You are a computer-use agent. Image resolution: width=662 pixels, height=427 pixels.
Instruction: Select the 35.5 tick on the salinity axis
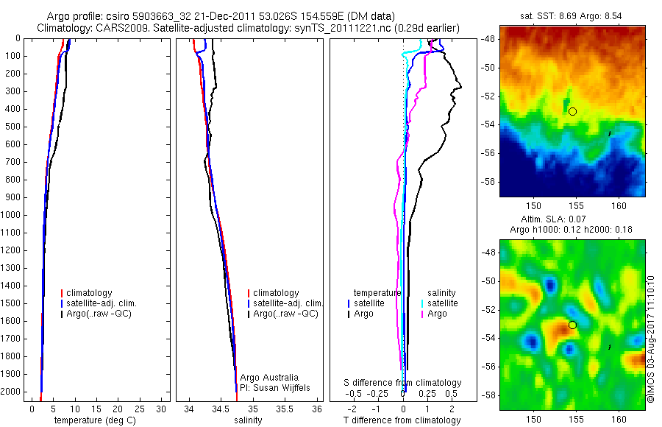coord(285,408)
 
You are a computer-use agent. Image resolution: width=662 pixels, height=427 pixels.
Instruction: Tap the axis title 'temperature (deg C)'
coord(92,420)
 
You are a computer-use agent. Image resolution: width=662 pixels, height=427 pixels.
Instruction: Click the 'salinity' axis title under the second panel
coord(247,420)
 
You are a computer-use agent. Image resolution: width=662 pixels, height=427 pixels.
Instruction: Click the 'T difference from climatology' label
coord(402,420)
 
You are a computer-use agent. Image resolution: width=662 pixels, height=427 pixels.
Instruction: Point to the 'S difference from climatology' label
coord(403,383)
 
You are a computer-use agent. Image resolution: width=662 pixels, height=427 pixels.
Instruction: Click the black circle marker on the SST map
coord(572,111)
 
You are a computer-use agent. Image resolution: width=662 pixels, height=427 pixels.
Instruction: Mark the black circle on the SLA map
coord(572,325)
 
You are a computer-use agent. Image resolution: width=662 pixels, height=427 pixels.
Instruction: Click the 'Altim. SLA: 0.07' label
coord(573,220)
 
